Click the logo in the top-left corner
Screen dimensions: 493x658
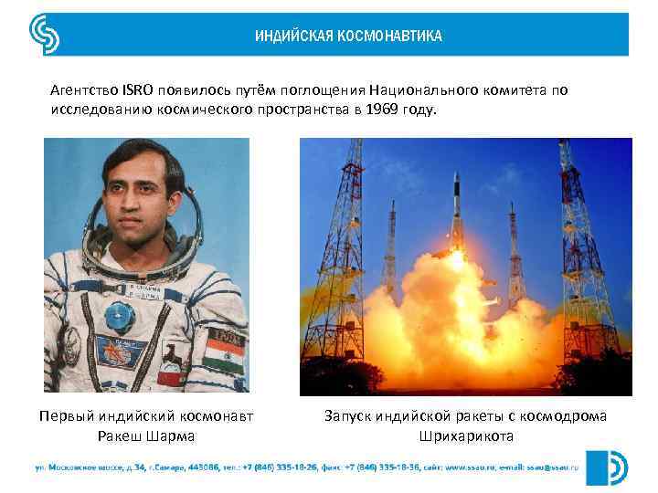(x=45, y=34)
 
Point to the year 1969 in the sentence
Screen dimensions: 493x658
(x=383, y=110)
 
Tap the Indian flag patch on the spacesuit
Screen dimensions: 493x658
(x=221, y=352)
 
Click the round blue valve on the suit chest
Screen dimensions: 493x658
(x=116, y=319)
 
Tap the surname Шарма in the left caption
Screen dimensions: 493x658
(x=172, y=436)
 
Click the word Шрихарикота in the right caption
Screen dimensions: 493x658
(x=466, y=436)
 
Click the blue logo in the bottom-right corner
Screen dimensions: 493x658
(x=606, y=466)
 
